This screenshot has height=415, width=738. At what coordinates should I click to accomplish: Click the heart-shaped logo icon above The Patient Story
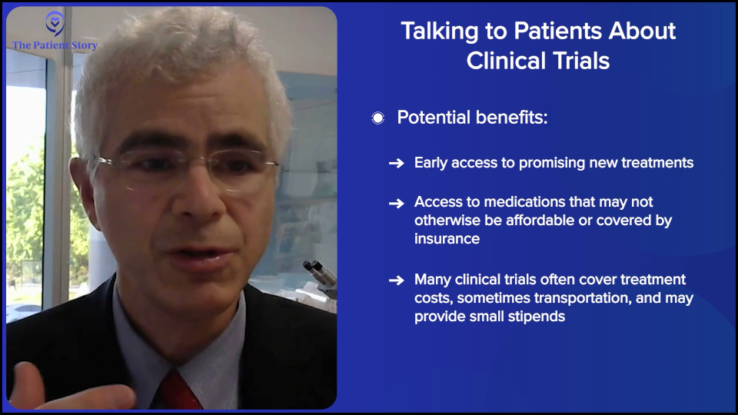pyautogui.click(x=53, y=23)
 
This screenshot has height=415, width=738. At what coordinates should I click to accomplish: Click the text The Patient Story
pyautogui.click(x=55, y=45)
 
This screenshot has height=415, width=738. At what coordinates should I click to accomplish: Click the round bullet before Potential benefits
pyautogui.click(x=377, y=118)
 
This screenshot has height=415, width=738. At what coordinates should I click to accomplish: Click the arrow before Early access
pyautogui.click(x=396, y=164)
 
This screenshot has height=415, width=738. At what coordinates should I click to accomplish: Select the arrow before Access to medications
pyautogui.click(x=396, y=203)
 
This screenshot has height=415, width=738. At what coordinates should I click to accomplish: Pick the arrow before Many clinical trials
pyautogui.click(x=396, y=281)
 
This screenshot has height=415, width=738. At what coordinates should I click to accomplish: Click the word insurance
pyautogui.click(x=447, y=239)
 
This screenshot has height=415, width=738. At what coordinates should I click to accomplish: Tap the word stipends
pyautogui.click(x=537, y=316)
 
